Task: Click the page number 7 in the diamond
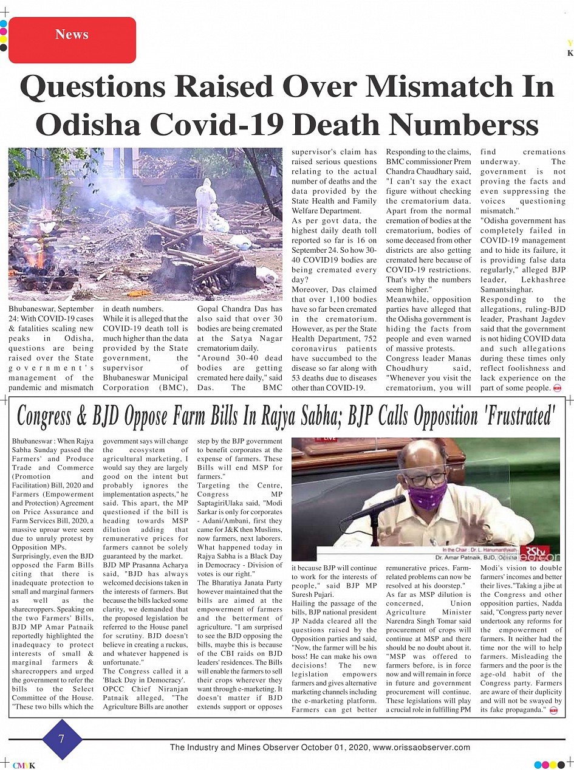(x=61, y=739)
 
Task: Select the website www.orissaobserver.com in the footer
(x=422, y=748)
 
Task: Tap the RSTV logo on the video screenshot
(x=536, y=552)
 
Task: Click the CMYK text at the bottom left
(x=24, y=766)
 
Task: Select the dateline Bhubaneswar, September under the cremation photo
(x=51, y=309)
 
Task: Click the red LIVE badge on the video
(x=330, y=438)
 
